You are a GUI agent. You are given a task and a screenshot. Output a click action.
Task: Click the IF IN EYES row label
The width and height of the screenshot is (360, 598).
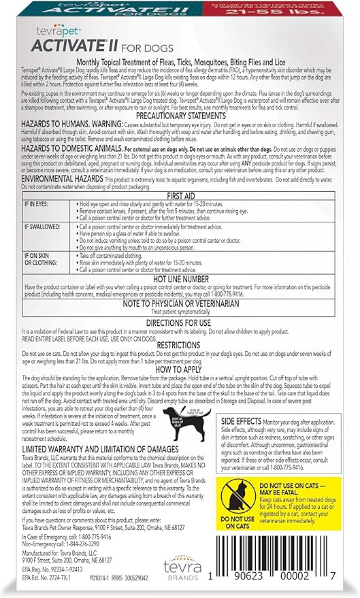click(x=36, y=204)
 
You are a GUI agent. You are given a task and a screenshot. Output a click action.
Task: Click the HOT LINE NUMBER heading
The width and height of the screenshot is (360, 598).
click(x=180, y=278)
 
